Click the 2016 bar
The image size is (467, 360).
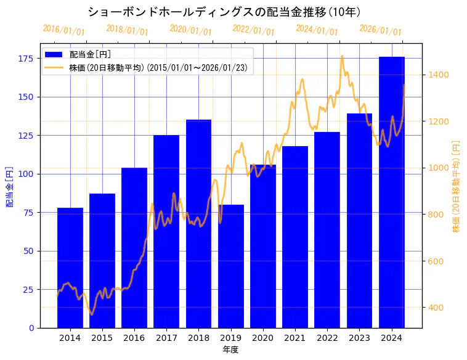pos(134,247)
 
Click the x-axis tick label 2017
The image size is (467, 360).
pos(166,338)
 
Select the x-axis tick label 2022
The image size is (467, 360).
pos(327,338)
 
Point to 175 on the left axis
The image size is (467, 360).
pos(25,59)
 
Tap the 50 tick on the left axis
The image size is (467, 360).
pos(28,251)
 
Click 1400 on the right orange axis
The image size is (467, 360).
pos(439,75)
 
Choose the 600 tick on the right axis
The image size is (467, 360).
pos(437,261)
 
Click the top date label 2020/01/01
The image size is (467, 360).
pos(190,30)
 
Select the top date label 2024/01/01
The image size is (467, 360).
pos(317,30)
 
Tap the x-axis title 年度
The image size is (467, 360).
pos(230,350)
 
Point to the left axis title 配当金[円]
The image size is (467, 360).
pos(9,186)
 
